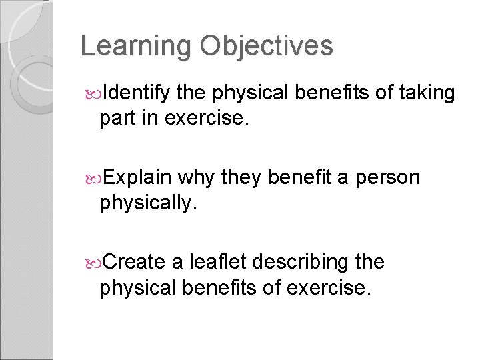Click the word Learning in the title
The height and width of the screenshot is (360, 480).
click(136, 47)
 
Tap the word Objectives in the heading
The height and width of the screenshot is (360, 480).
click(266, 47)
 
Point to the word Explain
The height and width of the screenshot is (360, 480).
click(138, 177)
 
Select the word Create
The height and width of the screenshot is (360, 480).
click(135, 262)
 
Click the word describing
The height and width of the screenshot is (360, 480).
click(306, 262)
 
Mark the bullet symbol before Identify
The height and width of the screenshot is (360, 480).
click(92, 93)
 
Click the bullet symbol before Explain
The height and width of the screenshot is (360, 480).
click(92, 178)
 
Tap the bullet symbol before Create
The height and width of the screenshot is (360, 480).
click(92, 263)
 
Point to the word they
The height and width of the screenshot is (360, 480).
click(243, 177)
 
